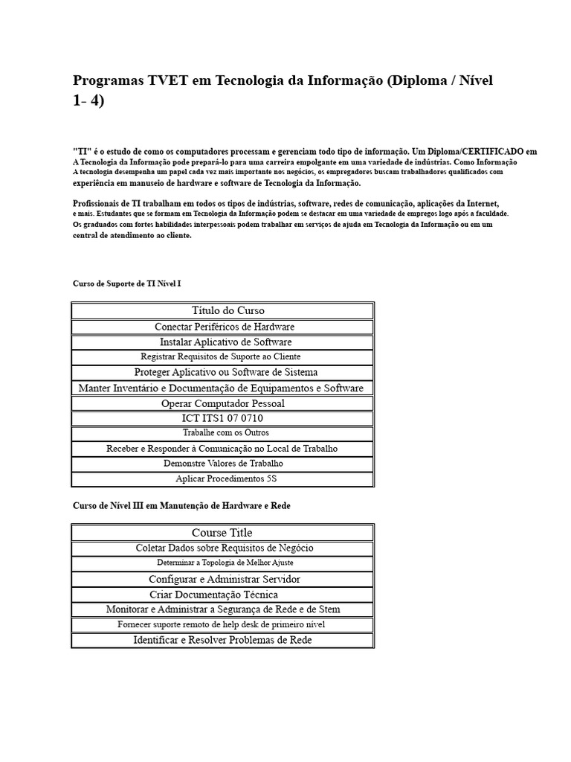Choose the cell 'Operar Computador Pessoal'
[223, 403]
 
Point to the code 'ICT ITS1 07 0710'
[222, 418]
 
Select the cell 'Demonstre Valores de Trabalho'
[223, 464]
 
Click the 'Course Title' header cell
[222, 533]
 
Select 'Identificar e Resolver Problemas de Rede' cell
[222, 640]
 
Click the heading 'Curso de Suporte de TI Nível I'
[126, 284]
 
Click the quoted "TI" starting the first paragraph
[80, 151]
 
